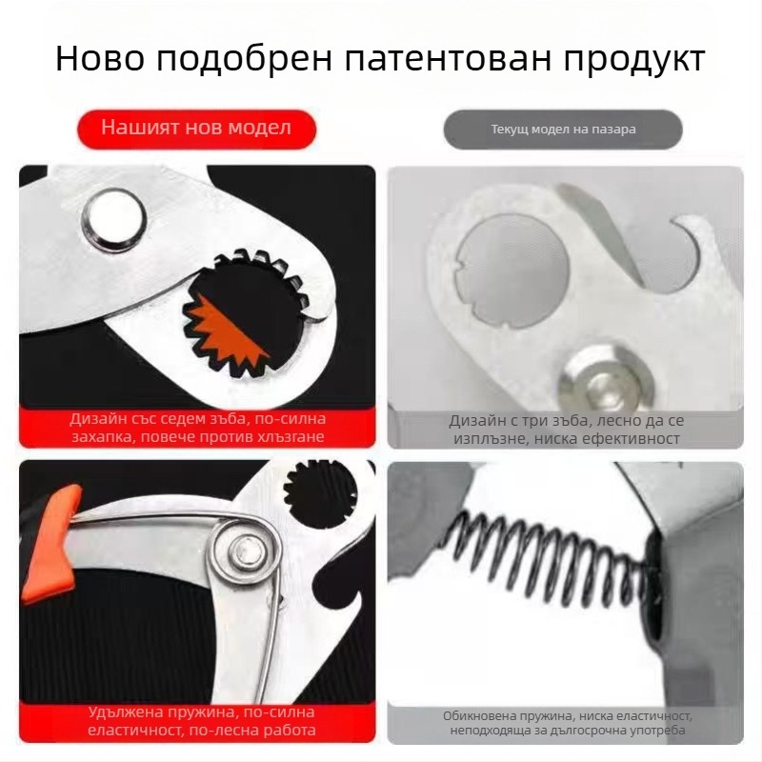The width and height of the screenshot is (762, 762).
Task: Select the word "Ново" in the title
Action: point(98,59)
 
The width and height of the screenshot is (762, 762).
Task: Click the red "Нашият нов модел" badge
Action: point(196,128)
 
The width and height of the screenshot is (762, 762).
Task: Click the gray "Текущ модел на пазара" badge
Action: point(563,130)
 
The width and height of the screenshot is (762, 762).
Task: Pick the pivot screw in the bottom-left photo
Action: point(245,550)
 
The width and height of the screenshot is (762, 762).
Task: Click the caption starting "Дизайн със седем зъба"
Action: point(196,428)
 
